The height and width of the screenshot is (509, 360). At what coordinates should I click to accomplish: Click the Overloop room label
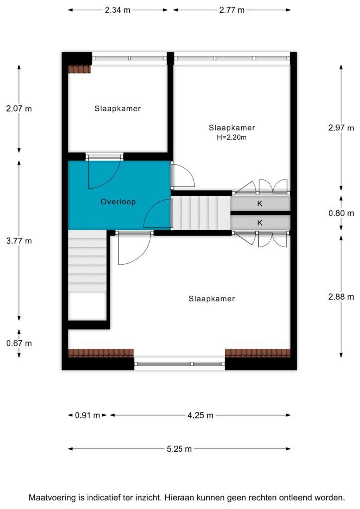pos(118,202)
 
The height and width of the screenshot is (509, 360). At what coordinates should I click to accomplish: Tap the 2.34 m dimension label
pos(117,10)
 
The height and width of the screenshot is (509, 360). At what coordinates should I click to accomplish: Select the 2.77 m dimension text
pos(231,10)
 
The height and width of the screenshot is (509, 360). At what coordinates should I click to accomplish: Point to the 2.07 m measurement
pos(19,109)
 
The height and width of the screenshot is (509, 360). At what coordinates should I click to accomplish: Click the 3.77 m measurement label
pos(19,241)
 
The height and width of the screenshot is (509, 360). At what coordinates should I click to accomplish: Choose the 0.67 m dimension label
pos(19,343)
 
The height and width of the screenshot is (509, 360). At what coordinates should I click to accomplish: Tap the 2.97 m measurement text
pos(341,128)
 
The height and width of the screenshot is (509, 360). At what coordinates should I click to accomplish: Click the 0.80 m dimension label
pos(341,213)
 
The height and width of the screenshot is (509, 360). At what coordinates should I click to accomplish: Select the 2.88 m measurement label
pos(341,297)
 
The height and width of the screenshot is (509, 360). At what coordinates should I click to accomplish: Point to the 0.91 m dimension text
pos(88,415)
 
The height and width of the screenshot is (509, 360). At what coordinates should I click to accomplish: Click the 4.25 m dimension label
pos(200,415)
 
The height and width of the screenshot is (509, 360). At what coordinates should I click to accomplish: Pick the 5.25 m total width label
pos(179,449)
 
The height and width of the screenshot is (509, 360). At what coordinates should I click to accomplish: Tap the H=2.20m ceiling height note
pos(231,137)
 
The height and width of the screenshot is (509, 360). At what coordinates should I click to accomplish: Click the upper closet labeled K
pos(260,203)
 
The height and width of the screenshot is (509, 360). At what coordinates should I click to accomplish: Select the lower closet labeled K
pos(260,223)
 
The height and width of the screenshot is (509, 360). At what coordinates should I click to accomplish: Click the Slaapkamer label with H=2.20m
pos(231,128)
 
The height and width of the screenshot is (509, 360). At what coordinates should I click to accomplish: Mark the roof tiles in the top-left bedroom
pos(80,69)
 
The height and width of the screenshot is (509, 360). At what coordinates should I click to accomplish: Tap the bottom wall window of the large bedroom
pos(180,364)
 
